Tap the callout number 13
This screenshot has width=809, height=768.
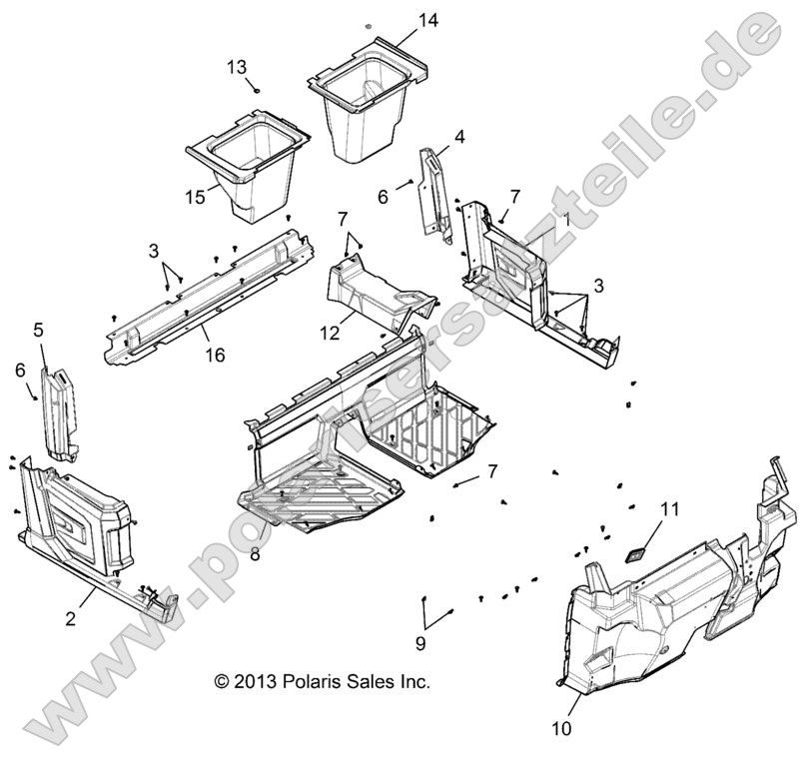(x=237, y=67)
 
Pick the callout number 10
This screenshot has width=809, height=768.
(x=562, y=728)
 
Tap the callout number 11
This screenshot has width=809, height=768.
(x=669, y=509)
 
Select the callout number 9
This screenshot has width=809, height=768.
(x=420, y=642)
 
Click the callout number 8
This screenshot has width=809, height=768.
(x=255, y=554)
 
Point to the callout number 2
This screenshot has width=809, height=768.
(x=70, y=618)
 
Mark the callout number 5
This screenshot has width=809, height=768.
(x=39, y=329)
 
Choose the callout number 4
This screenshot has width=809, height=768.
(x=460, y=138)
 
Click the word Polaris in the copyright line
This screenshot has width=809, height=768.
(x=311, y=682)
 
